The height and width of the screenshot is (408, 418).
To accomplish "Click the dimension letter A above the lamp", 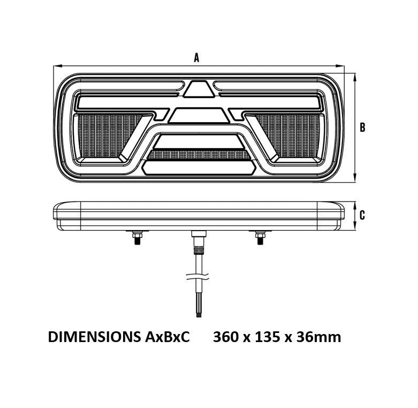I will tap(196, 58).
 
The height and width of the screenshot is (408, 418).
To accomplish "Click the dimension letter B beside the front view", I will tap(362, 128).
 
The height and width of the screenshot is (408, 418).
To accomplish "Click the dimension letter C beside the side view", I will tap(362, 216).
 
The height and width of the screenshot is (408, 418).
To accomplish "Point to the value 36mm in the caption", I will tap(320, 337).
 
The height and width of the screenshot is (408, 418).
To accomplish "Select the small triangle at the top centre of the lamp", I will tap(199, 89).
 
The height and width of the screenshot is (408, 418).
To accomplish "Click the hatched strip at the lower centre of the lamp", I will tap(199, 155).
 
